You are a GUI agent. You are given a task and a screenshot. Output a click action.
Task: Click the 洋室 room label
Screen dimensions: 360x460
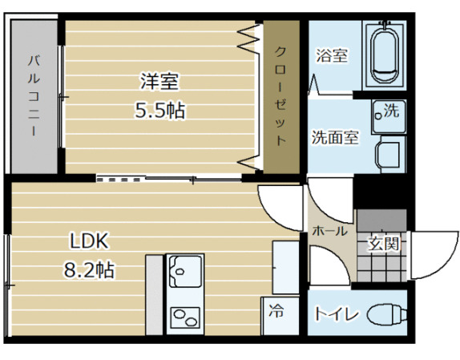(159, 82)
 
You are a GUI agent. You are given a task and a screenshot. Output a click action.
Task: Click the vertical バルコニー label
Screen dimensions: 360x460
(34, 95)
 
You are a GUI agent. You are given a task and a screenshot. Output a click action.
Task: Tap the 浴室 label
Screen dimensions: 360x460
(331, 56)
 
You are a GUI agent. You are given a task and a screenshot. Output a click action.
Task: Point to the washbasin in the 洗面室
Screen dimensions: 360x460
(390, 151)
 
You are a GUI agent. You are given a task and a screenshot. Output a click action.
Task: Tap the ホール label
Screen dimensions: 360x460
(329, 231)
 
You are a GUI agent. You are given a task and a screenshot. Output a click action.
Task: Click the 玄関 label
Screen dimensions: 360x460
(383, 245)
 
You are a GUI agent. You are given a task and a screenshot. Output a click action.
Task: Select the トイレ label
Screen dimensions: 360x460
(336, 313)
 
